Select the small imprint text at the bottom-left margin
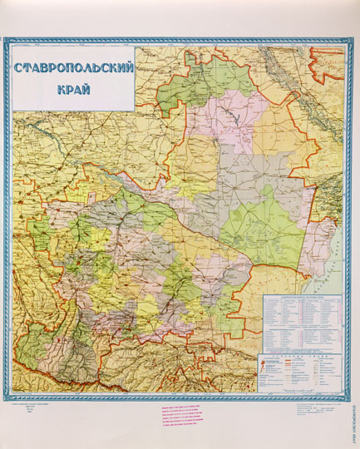point(34,409)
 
